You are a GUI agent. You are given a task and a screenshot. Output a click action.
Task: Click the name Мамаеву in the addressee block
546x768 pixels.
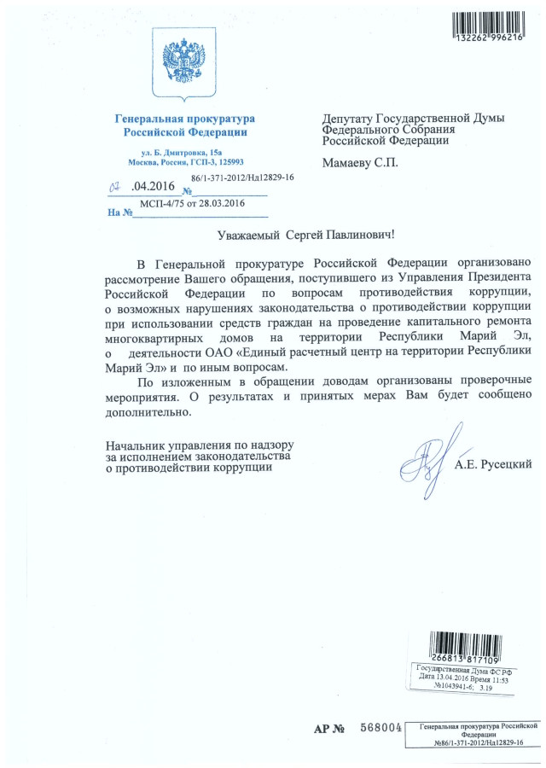[x=347, y=162]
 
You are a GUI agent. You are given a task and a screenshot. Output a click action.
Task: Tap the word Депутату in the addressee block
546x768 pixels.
[x=352, y=117]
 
